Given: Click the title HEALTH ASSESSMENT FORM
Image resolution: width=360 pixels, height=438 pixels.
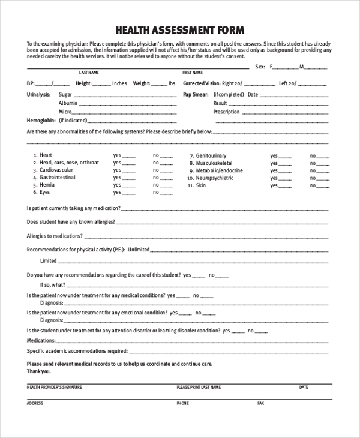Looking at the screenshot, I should tap(179, 30).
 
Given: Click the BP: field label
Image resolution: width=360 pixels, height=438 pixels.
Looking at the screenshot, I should tap(31, 83).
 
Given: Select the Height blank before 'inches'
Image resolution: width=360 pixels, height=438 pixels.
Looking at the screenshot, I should tap(101, 84).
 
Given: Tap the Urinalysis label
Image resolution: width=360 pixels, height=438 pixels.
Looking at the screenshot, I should tap(38, 95).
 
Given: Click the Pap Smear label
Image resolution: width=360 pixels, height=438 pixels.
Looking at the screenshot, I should tap(195, 95).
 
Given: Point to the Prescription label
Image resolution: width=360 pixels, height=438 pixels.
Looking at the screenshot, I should tap(226, 112).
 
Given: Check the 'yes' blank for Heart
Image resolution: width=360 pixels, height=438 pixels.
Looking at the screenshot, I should tap(130, 155).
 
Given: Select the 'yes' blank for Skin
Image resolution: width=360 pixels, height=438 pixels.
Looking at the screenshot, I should tap(286, 186).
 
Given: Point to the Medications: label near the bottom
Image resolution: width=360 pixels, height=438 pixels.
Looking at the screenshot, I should tap(41, 340).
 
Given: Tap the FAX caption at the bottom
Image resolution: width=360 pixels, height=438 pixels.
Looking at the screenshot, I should tap(260, 403).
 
